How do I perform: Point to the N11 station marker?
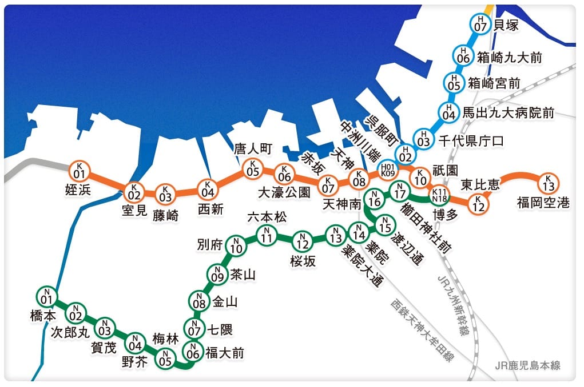266,235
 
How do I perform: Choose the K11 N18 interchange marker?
440,195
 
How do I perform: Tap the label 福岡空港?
543,202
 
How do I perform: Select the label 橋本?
43,316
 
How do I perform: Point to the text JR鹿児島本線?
527,365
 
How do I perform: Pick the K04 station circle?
207,188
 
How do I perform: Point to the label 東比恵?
479,185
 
